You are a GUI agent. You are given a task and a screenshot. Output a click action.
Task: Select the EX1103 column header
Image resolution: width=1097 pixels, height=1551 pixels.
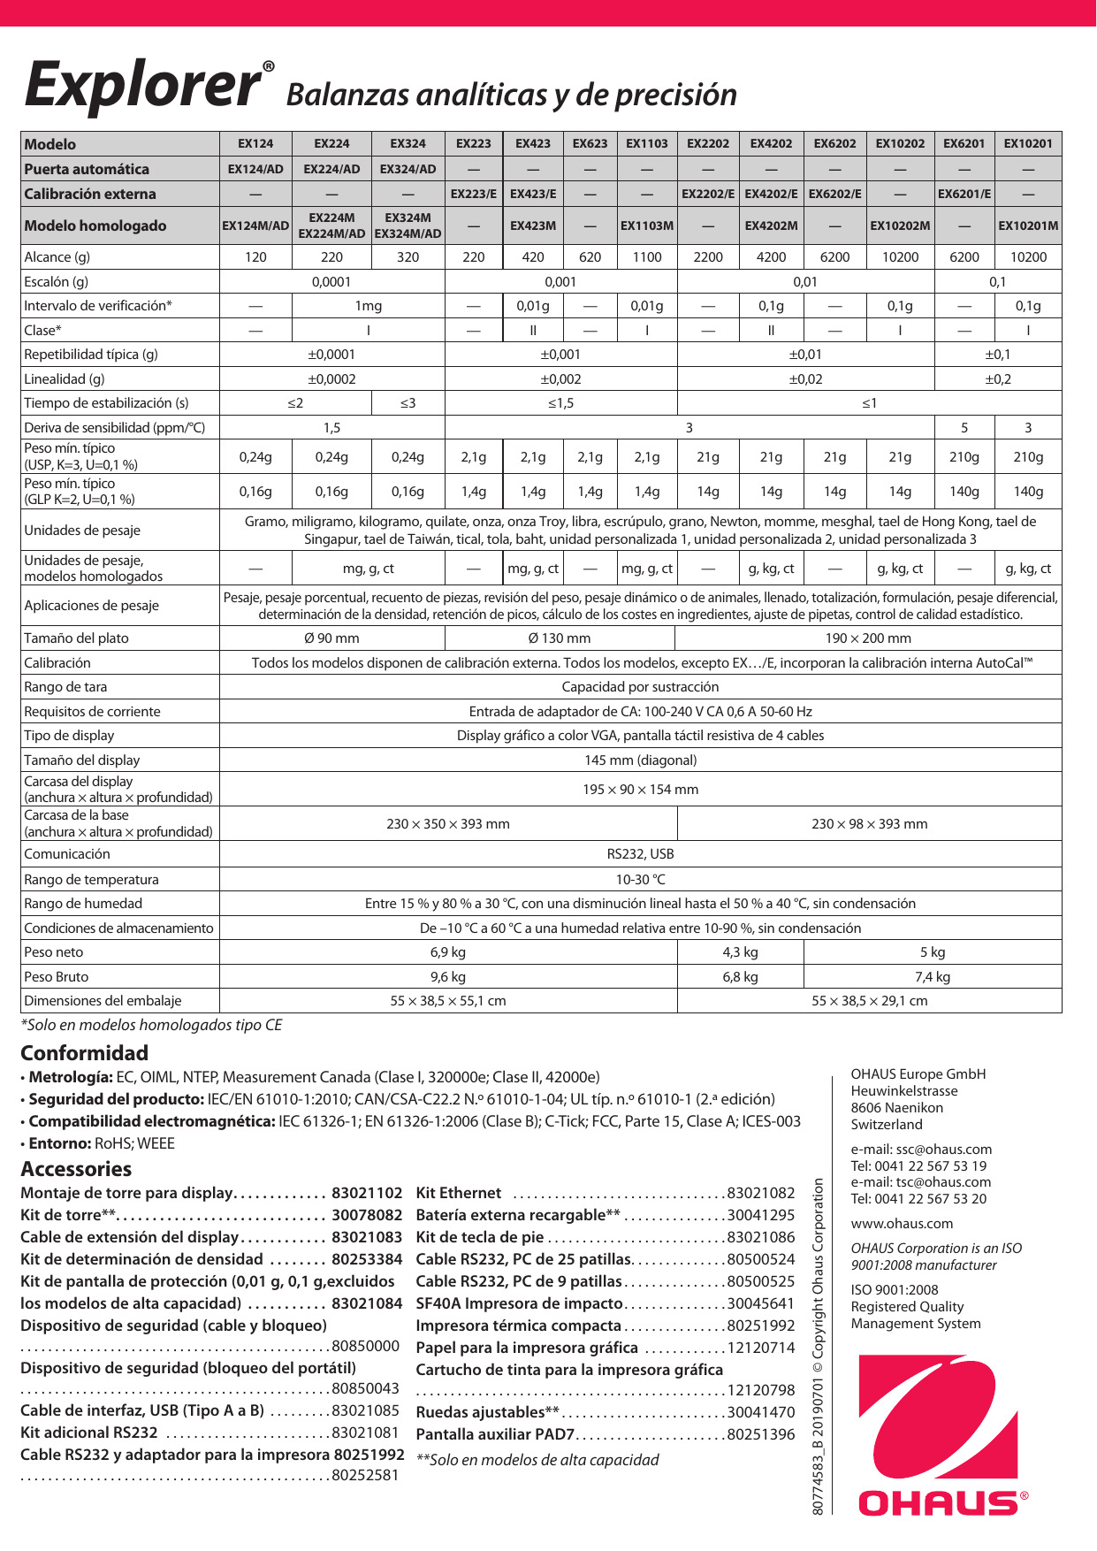pyautogui.click(x=647, y=143)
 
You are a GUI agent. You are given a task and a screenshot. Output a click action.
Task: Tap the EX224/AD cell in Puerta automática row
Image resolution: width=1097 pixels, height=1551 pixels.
pyautogui.click(x=331, y=169)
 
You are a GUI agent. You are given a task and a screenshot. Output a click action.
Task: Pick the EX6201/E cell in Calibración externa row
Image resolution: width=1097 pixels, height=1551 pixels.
pyautogui.click(x=964, y=194)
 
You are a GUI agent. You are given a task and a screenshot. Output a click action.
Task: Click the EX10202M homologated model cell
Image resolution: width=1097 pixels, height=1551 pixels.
pyautogui.click(x=900, y=225)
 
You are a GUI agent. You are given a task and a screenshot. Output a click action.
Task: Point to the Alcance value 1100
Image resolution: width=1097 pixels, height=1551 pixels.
pyautogui.click(x=647, y=257)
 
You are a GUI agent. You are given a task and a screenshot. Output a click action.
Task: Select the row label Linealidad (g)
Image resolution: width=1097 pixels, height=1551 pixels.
pyautogui.click(x=65, y=379)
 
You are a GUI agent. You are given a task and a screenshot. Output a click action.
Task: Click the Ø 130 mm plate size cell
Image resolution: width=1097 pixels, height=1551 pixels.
pyautogui.click(x=560, y=638)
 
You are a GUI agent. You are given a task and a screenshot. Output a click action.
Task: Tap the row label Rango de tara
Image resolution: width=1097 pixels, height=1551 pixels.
pyautogui.click(x=65, y=687)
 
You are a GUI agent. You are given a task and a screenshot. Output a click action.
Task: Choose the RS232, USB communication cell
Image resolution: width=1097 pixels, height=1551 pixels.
pyautogui.click(x=640, y=854)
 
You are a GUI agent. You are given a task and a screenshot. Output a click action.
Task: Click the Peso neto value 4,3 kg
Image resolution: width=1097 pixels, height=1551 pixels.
pyautogui.click(x=740, y=952)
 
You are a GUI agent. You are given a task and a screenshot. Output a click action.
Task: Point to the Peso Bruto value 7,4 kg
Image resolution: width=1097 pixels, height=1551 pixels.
pyautogui.click(x=933, y=977)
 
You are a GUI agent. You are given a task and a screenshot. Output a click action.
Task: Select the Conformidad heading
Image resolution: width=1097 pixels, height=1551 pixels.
pyautogui.click(x=84, y=1053)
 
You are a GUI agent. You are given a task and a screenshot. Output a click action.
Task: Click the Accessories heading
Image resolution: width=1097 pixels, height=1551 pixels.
pyautogui.click(x=76, y=1169)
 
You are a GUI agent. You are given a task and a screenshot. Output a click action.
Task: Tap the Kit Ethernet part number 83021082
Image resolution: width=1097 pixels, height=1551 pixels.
pyautogui.click(x=761, y=1193)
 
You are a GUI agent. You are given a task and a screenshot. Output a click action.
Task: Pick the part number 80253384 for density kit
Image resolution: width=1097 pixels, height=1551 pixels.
pyautogui.click(x=367, y=1259)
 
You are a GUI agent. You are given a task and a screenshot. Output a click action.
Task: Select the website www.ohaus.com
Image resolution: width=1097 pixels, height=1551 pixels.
pyautogui.click(x=902, y=1224)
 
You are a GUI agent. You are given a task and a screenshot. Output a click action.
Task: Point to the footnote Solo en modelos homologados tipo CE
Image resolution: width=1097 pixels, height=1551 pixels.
pyautogui.click(x=151, y=1026)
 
